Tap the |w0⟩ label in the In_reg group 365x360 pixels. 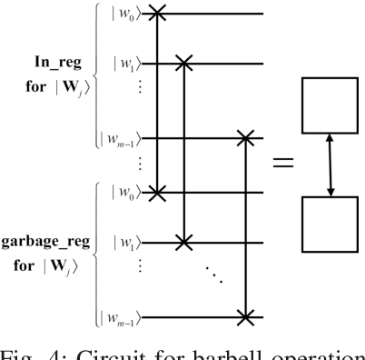[x=126, y=14]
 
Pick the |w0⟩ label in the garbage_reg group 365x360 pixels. [x=126, y=192]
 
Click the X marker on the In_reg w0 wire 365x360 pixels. [x=160, y=14]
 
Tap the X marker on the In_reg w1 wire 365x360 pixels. [x=184, y=63]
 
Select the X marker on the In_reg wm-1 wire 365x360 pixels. [x=245, y=137]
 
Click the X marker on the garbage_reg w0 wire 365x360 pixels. [x=160, y=192]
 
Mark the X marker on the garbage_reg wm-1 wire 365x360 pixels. [x=245, y=316]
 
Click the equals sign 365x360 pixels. [x=283, y=164]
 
